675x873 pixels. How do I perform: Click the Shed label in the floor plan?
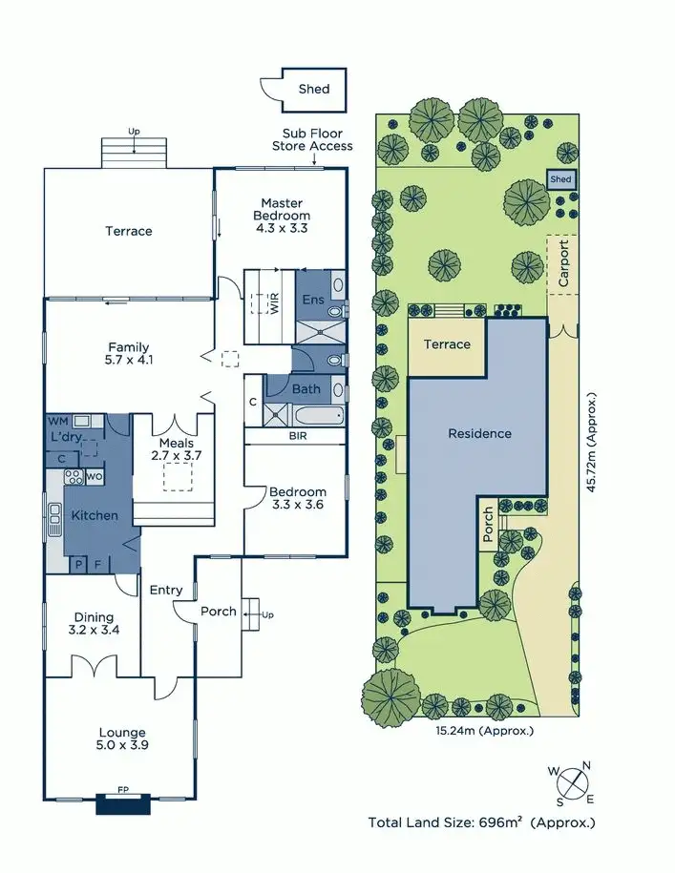tap(313, 89)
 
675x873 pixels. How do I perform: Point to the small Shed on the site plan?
tap(560, 179)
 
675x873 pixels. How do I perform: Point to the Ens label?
tap(313, 300)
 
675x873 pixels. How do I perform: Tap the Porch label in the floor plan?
tap(218, 611)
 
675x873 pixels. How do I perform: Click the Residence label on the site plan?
tap(479, 433)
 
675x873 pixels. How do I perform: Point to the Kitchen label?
tap(95, 515)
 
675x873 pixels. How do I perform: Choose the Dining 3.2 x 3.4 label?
tap(94, 624)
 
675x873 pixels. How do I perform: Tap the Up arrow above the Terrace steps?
tap(135, 131)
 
